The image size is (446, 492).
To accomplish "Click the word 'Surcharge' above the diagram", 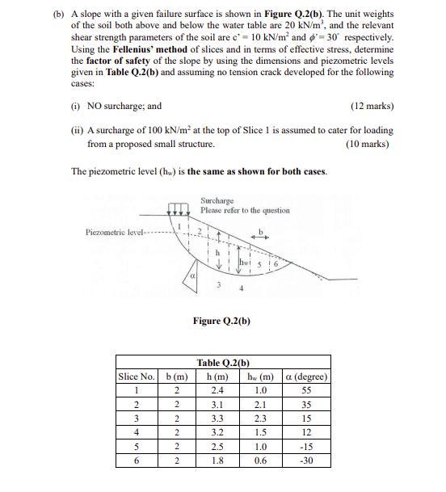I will (217, 200).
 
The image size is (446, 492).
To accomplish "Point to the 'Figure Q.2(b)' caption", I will (221, 321).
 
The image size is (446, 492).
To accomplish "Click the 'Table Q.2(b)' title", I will (223, 363).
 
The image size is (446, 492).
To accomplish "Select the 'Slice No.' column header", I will (137, 376).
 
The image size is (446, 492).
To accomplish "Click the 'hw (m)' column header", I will (259, 376).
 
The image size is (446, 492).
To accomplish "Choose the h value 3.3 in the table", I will (214, 418).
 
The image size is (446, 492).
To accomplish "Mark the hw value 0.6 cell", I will (259, 460).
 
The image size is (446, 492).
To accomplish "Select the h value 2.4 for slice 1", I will (214, 391).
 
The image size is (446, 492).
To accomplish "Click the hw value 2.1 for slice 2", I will (259, 405).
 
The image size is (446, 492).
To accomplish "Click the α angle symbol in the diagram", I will (192, 277).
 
